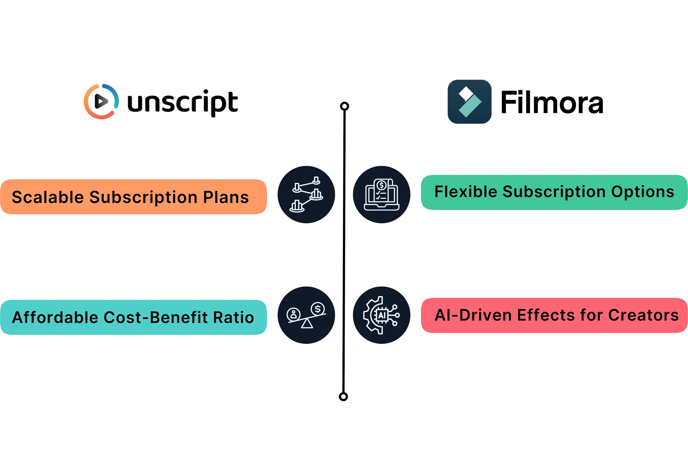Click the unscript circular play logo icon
click(x=101, y=101)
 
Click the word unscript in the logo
click(x=183, y=103)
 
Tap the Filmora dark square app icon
click(x=469, y=102)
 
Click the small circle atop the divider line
click(x=345, y=106)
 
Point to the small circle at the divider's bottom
click(x=343, y=397)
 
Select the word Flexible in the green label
click(x=466, y=192)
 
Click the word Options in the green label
click(x=643, y=192)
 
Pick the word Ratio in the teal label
click(x=233, y=317)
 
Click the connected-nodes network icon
click(x=306, y=194)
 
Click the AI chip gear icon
click(x=381, y=315)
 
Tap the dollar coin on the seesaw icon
click(x=318, y=309)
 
